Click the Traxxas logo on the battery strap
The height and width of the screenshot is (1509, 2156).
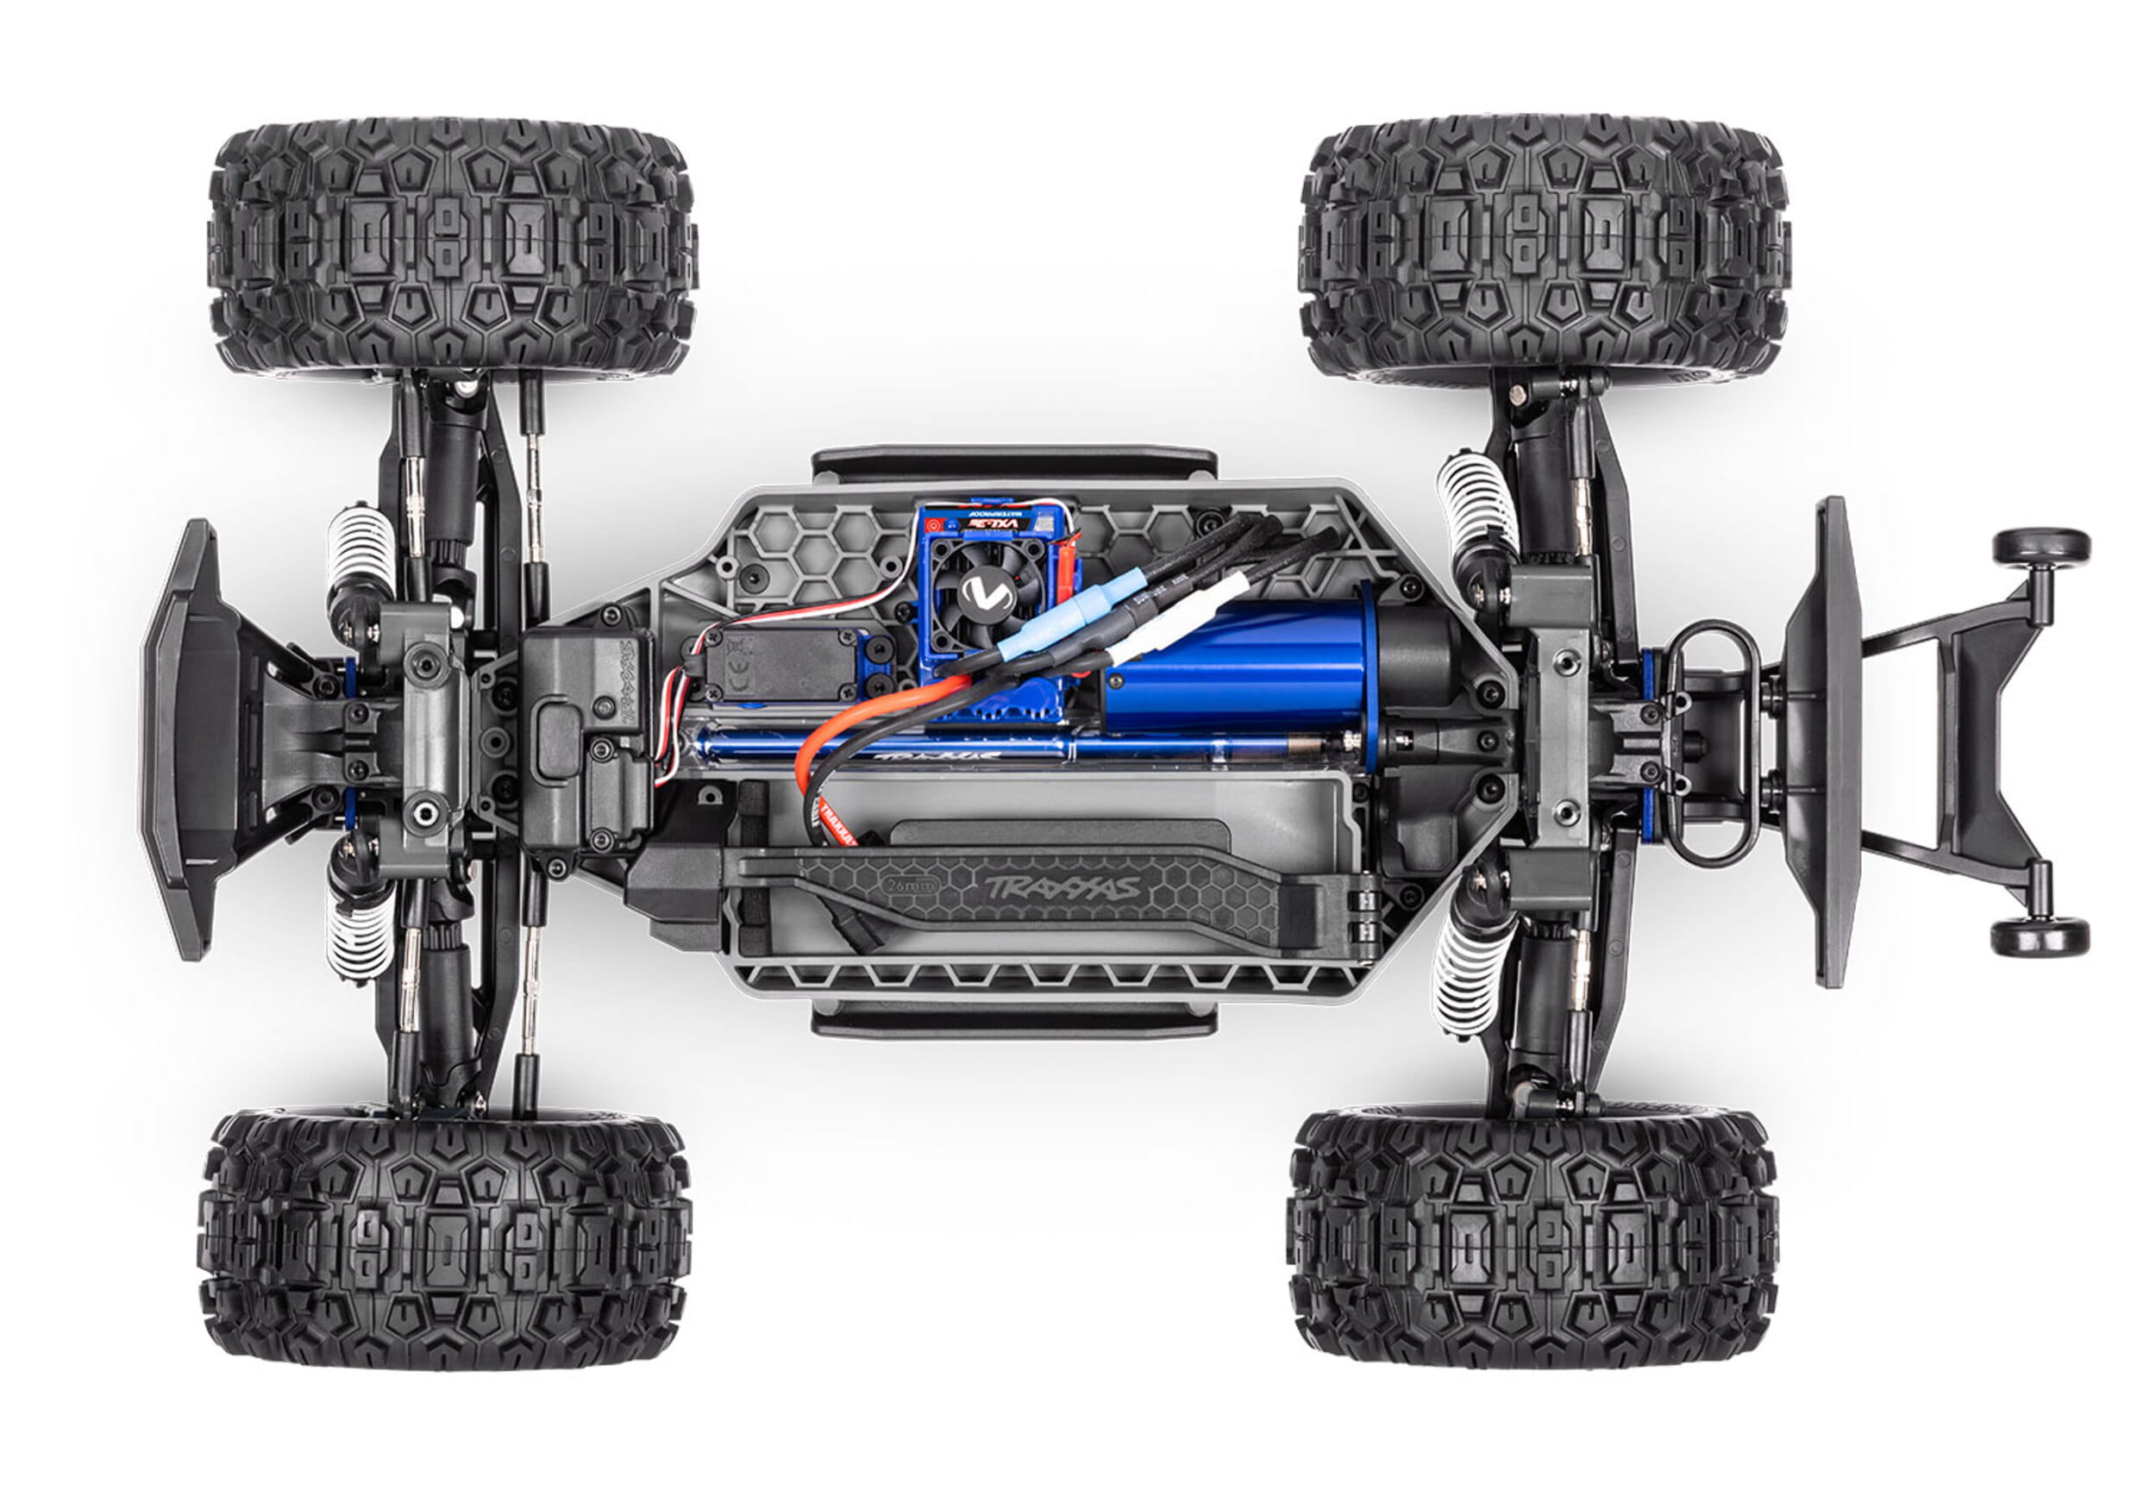point(1061,886)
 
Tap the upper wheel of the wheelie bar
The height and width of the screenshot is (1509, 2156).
point(2040,546)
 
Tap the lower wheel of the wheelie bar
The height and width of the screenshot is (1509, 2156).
point(2040,936)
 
